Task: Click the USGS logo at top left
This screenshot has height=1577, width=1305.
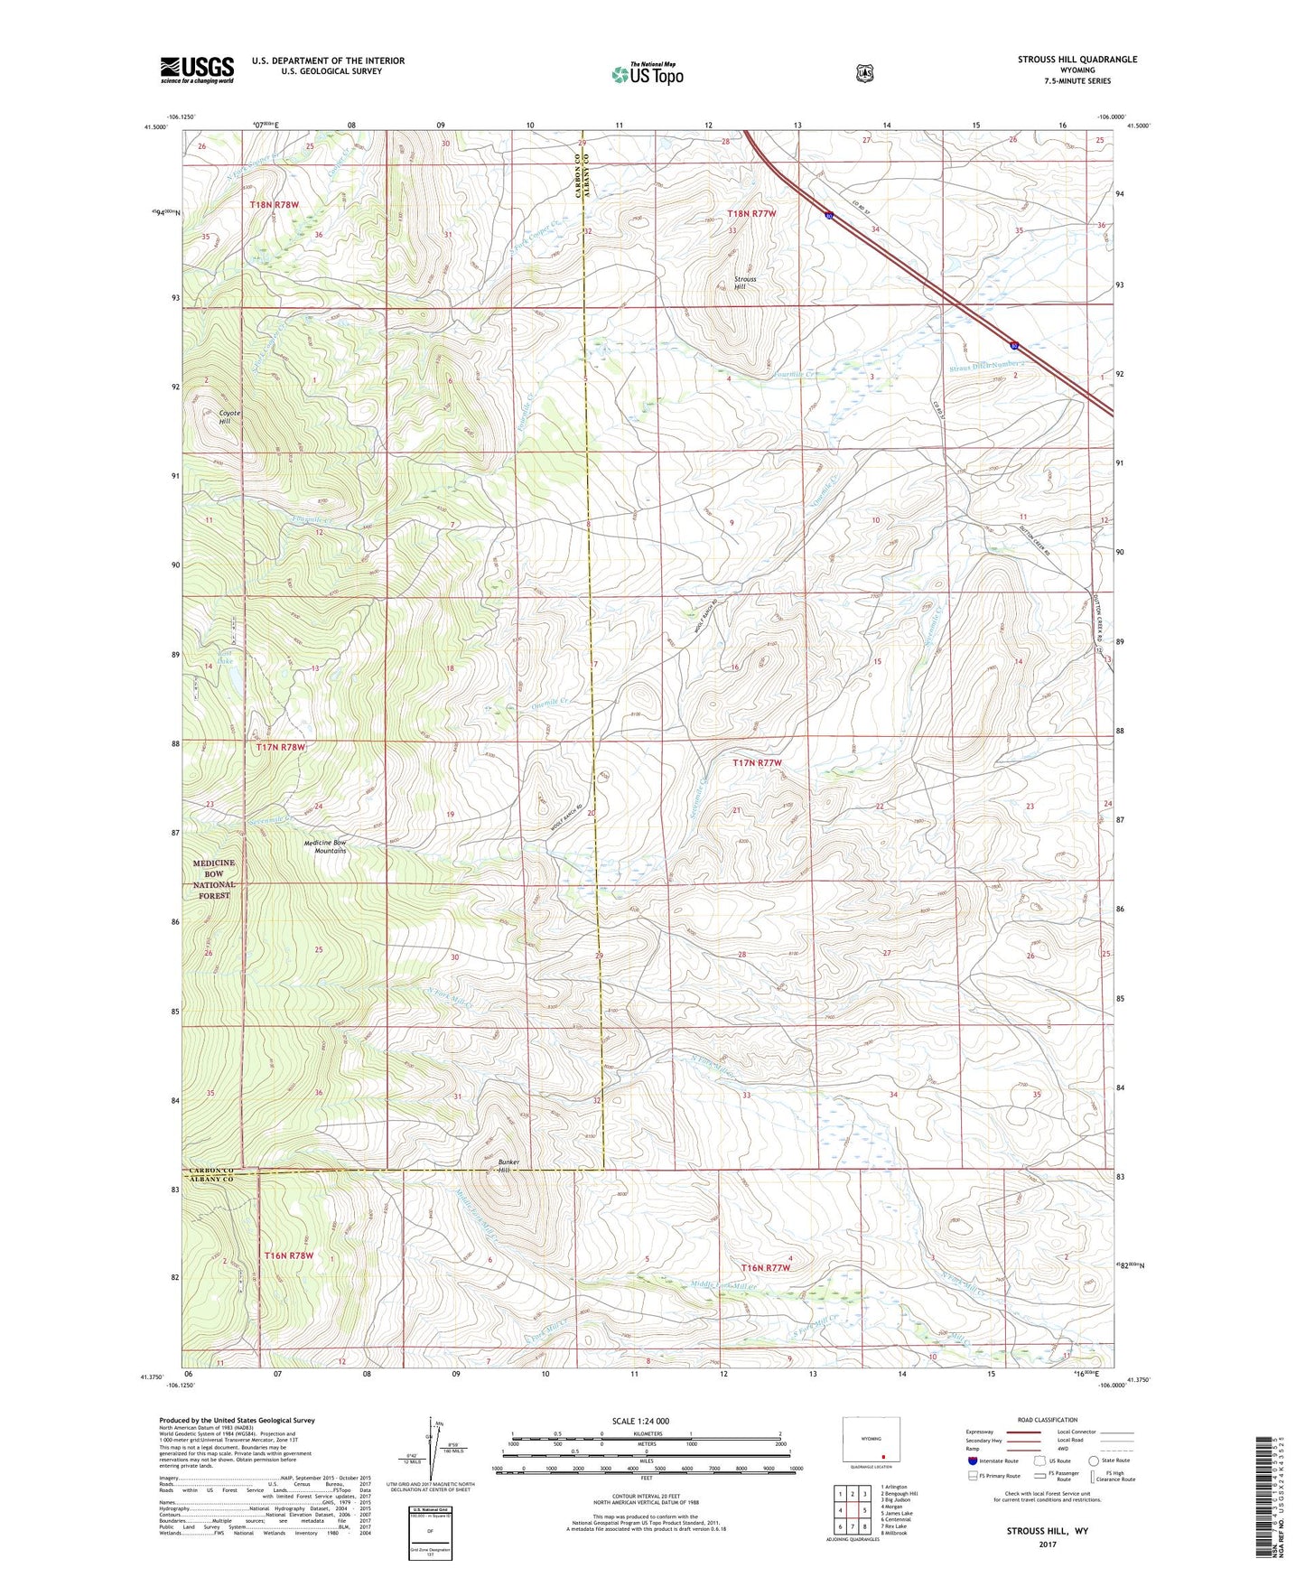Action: pos(197,70)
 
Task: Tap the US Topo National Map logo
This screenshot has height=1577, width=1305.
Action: pos(646,73)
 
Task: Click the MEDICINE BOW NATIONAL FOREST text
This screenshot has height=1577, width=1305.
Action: pos(213,879)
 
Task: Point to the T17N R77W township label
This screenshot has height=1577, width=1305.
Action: pos(757,763)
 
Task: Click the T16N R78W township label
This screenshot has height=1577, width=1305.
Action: pos(288,1255)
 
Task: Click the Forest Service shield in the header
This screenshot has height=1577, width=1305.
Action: pos(864,72)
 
